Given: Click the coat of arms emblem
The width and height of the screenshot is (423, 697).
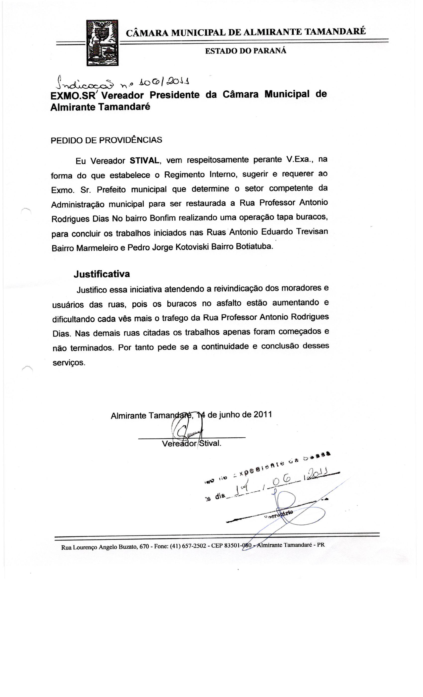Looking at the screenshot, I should coord(102,43).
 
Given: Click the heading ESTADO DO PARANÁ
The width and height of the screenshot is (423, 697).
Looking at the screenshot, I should coord(245,51).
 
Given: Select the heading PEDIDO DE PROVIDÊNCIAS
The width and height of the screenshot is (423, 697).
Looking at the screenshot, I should coord(106,140).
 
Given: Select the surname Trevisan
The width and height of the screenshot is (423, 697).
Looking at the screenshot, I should coord(312,232).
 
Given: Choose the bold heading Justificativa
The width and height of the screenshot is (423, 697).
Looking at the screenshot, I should coord(102,274).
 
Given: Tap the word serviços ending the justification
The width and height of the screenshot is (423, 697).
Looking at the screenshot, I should coord(69,362).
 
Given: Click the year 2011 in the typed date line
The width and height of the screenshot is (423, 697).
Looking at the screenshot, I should coord(263,414).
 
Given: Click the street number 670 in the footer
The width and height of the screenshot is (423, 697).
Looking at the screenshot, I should coord(144,546).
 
